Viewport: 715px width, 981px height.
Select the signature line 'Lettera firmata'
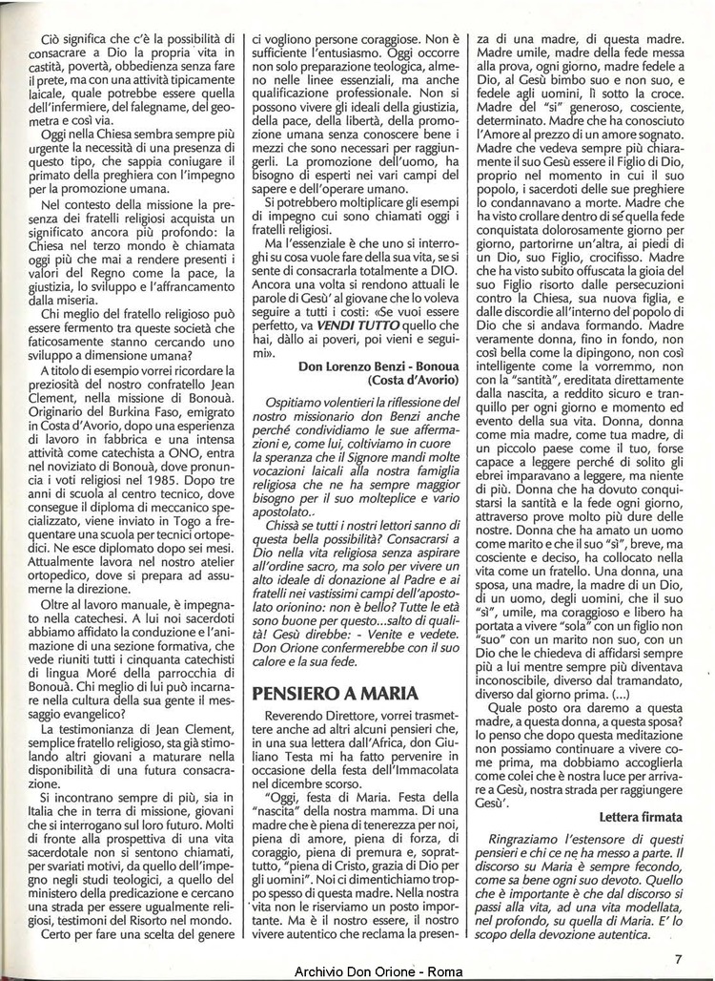(642, 817)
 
